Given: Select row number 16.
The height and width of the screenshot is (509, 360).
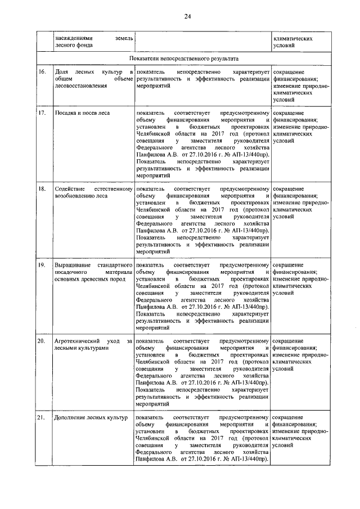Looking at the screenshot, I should tap(42, 73).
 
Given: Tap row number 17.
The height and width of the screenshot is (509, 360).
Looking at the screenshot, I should tap(42, 113).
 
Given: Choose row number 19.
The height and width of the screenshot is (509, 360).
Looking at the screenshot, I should tap(42, 264).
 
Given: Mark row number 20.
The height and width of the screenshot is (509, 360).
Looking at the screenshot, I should tap(42, 341).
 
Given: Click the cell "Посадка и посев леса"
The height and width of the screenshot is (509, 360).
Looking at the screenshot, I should tap(82, 113).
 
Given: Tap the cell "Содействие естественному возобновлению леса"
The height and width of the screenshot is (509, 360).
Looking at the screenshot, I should tap(93, 192).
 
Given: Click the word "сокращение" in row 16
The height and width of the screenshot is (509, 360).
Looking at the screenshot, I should tap(289, 73).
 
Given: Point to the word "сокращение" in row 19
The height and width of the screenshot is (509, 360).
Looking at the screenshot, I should tap(289, 264).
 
